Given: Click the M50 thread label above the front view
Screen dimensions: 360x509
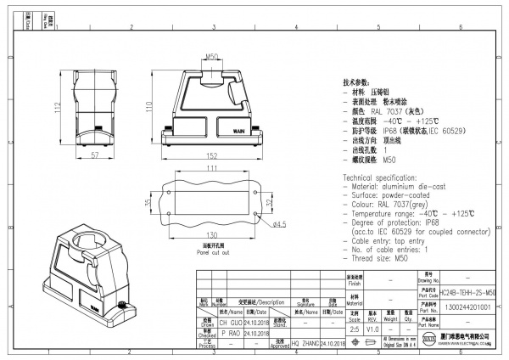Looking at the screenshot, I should [213, 58].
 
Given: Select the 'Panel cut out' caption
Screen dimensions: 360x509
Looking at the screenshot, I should [214, 252].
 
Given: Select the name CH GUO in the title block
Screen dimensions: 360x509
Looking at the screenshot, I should [231, 323].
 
